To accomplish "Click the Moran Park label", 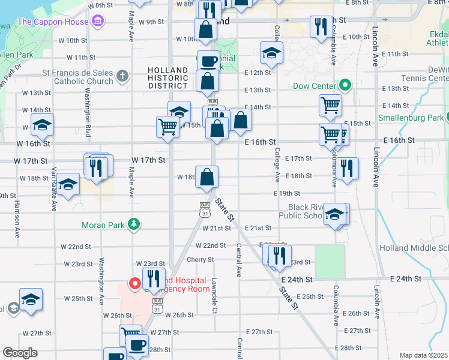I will tap(106, 226).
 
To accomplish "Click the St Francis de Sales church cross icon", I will tap(122, 76).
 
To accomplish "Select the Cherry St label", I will tap(200, 260).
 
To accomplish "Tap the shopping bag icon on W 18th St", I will tap(206, 177).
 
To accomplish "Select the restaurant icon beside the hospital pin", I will tap(153, 278).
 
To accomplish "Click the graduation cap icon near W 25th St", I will tap(31, 299).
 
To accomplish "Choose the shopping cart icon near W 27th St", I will tap(130, 335).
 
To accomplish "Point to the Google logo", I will tap(20, 353).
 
